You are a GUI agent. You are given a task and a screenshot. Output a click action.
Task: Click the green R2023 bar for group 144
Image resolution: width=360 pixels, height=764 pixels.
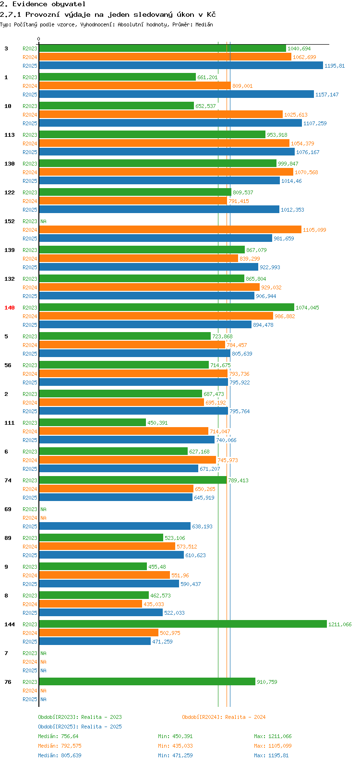click(x=182, y=624)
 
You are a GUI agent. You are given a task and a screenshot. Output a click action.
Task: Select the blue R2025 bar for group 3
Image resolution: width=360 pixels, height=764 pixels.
click(x=180, y=65)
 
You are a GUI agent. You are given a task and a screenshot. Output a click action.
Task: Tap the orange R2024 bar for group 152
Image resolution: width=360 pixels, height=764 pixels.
click(x=170, y=229)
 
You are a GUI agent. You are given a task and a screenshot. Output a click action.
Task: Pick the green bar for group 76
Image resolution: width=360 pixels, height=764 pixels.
click(x=147, y=681)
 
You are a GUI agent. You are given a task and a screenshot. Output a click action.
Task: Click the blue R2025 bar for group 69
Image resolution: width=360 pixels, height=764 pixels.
click(x=115, y=526)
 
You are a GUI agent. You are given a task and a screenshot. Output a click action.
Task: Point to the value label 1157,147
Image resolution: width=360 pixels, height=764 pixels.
click(x=327, y=95)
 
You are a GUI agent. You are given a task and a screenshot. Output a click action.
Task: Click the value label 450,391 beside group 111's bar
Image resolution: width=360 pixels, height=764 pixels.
click(x=157, y=423)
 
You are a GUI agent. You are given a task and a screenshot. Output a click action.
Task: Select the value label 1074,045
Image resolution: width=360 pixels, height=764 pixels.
click(x=307, y=308)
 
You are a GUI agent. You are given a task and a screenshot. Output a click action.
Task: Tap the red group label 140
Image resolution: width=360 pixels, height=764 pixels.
click(x=10, y=308)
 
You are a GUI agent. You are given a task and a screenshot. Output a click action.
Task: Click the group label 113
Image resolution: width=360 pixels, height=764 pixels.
click(x=10, y=135)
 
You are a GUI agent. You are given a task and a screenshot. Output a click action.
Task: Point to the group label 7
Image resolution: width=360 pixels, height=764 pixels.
click(x=6, y=653)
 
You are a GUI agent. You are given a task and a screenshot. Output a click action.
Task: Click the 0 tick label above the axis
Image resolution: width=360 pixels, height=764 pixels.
click(x=39, y=39)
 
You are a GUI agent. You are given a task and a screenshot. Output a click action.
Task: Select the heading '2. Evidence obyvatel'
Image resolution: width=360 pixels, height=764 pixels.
click(x=43, y=4)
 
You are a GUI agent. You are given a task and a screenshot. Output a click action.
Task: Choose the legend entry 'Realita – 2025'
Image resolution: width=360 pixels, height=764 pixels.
click(x=101, y=727)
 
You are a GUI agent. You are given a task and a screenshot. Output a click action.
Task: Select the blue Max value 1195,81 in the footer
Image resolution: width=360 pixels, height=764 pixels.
click(x=278, y=755)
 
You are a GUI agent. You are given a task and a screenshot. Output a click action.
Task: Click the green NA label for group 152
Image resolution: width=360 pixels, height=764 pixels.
click(x=43, y=221)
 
